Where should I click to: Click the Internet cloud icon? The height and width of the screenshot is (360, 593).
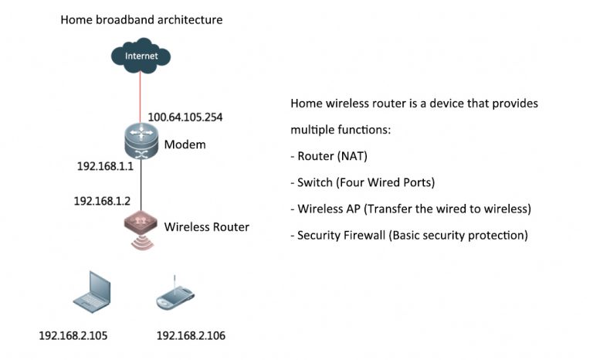140,56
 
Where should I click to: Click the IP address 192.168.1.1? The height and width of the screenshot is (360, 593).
105,166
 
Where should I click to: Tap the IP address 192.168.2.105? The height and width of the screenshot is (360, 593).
73,336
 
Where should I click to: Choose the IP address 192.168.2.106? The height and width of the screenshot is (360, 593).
191,336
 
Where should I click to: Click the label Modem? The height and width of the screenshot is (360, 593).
185,144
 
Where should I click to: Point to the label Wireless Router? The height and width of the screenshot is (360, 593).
207,227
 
